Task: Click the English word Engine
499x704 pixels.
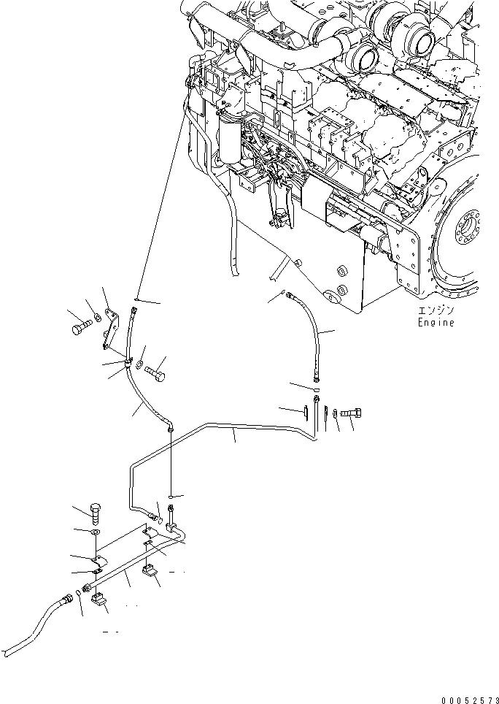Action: pos(436,323)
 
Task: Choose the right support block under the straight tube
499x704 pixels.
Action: pos(152,570)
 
